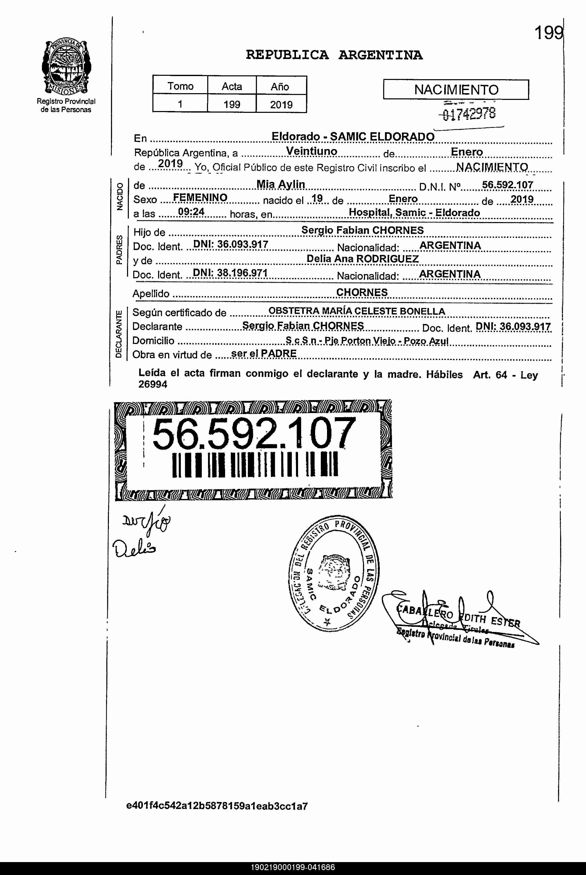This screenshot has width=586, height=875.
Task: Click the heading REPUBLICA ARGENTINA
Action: pos(334,55)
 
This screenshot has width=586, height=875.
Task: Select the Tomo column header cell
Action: pos(180,86)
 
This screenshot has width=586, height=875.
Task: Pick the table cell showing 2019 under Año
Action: pos(281,104)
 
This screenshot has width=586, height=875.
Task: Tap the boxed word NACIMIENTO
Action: pos(456,90)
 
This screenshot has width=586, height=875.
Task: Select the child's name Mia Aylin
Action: pos(281,184)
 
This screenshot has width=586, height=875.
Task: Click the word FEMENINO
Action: pos(200,197)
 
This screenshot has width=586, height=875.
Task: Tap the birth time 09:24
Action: pos(191,212)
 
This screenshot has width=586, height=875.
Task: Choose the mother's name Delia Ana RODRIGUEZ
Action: pos(362,259)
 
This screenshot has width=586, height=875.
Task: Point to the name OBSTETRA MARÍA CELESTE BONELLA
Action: pos(357,311)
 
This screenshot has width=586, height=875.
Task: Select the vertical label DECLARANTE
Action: pos(119,334)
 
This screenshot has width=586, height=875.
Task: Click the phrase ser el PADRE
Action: pos(263,353)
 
